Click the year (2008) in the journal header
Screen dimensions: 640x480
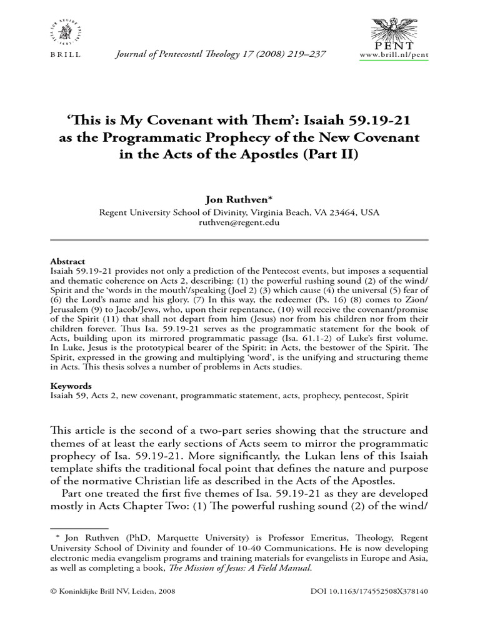[x=260, y=54]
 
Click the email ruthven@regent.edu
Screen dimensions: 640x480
[x=239, y=222]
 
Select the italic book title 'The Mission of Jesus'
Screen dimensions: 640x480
[x=246, y=568]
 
